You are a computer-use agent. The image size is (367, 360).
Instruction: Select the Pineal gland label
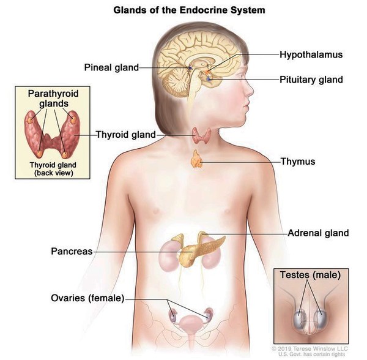pos(111,67)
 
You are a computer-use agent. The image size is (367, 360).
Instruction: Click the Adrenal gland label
pos(318,233)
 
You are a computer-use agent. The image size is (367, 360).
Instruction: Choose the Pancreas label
pos(72,252)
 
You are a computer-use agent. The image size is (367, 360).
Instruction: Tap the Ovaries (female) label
pos(87,298)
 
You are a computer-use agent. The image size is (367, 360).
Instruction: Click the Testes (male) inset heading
pos(310,275)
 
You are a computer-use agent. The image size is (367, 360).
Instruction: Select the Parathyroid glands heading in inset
pos(51,99)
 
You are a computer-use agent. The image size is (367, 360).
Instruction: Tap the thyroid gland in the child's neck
pos(199,135)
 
